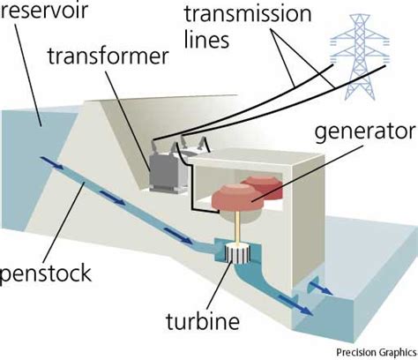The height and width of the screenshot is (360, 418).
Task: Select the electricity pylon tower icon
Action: coord(358,63)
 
